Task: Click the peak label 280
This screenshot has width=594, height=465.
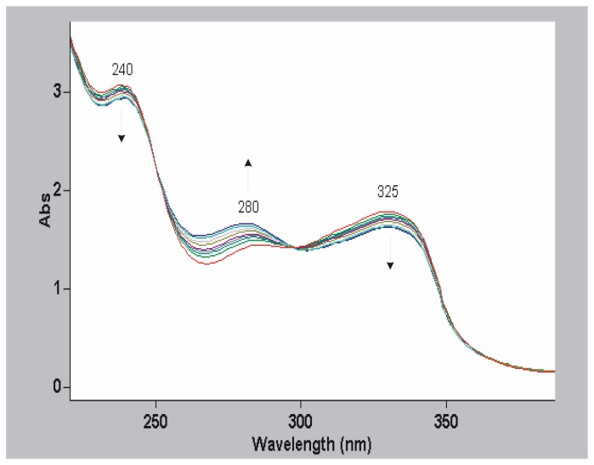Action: pyautogui.click(x=248, y=207)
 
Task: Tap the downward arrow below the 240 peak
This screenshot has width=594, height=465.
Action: pyautogui.click(x=122, y=127)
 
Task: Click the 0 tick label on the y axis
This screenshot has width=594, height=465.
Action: pyautogui.click(x=55, y=387)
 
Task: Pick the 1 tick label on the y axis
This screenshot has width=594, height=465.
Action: pyautogui.click(x=55, y=289)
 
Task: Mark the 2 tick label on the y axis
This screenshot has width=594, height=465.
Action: pyautogui.click(x=55, y=190)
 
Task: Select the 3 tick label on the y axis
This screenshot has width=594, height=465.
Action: pyautogui.click(x=55, y=92)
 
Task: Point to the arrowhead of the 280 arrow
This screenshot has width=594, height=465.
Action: pyautogui.click(x=248, y=162)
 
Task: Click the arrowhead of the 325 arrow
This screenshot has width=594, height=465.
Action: pyautogui.click(x=390, y=266)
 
